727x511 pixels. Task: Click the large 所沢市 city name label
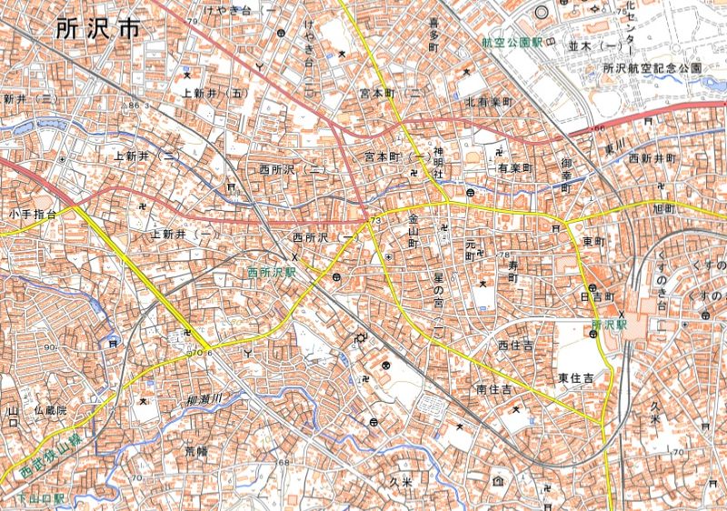(98, 28)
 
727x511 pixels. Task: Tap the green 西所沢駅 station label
(272, 272)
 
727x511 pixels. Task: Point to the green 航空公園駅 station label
(513, 42)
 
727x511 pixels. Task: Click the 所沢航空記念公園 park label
(652, 68)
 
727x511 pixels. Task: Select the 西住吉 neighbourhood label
(515, 346)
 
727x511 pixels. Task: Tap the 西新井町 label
(652, 158)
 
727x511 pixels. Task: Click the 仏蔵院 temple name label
(50, 412)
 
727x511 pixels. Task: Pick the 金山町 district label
(413, 233)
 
